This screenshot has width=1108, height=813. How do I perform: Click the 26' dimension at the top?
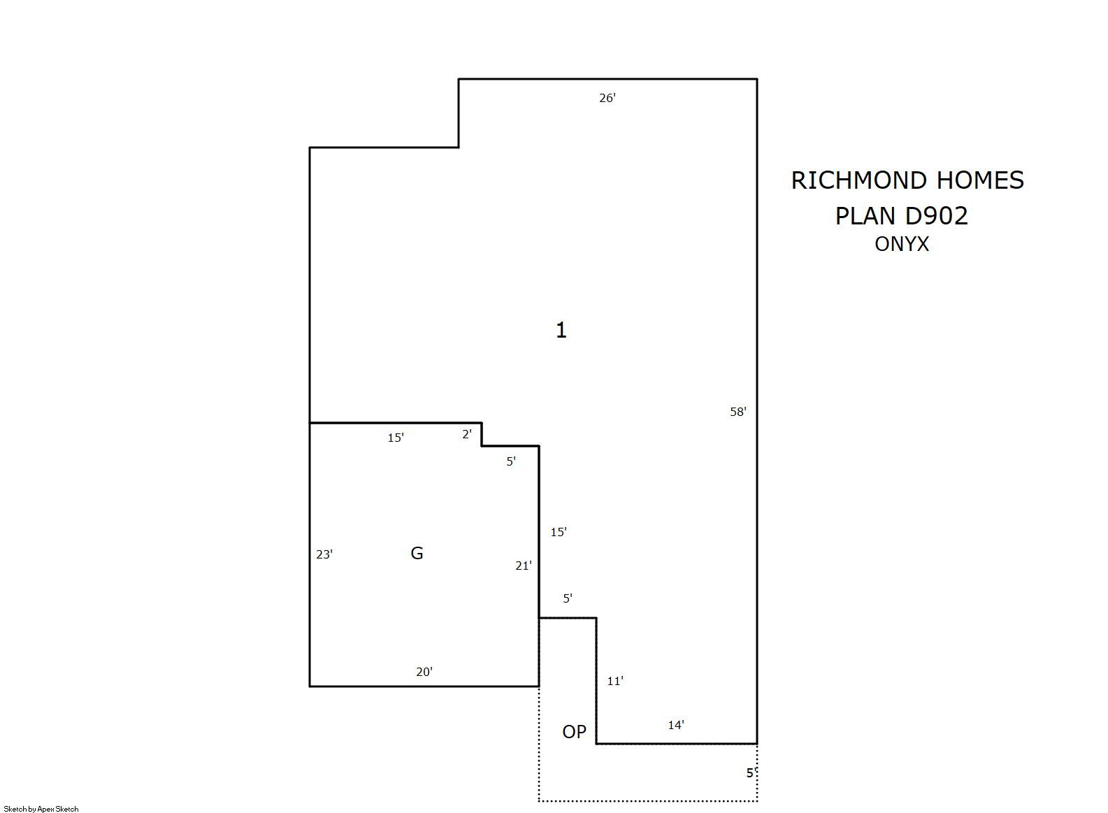point(607,98)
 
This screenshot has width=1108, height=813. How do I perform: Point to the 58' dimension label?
point(738,412)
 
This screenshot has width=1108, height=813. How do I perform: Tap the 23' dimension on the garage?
point(324,554)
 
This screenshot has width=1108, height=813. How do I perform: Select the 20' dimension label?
point(424,672)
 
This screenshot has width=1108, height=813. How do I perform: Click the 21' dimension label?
point(524,566)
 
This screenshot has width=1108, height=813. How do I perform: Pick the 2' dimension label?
point(467,433)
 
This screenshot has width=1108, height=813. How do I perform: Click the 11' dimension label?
point(615,681)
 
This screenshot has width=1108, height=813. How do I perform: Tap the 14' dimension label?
point(676,725)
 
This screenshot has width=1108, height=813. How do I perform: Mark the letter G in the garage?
point(417,553)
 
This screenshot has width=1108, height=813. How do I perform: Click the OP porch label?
point(574,732)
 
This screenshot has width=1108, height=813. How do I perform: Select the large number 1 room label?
point(561,330)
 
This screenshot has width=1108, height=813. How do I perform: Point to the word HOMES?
point(980,180)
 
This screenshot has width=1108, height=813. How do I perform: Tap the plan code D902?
point(936,216)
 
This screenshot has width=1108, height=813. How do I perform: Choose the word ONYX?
point(902,244)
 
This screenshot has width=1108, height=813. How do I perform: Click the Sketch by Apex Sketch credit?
point(41,809)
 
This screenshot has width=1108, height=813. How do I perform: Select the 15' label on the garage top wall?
point(396,438)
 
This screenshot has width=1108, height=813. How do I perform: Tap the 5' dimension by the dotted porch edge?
point(751,772)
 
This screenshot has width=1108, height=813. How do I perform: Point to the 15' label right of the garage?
point(559,531)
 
